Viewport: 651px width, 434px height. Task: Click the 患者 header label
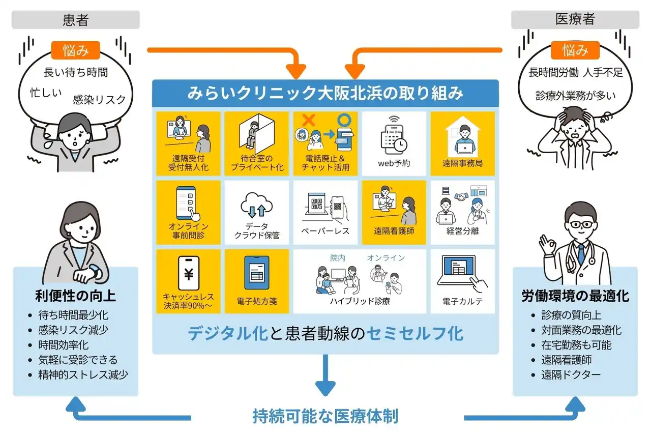(76, 20)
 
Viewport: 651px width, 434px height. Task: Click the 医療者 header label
(575, 20)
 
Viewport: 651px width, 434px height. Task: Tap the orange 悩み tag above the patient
(75, 50)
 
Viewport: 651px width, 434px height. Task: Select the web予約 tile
(394, 143)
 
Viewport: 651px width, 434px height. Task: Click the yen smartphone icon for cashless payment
(189, 273)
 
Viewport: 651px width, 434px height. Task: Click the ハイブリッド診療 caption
(360, 302)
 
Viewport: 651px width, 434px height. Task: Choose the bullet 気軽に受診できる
(78, 360)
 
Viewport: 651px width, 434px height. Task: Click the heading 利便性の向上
(75, 296)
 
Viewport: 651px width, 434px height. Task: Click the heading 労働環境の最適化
(575, 296)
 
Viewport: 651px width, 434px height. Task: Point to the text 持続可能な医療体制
(325, 416)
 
